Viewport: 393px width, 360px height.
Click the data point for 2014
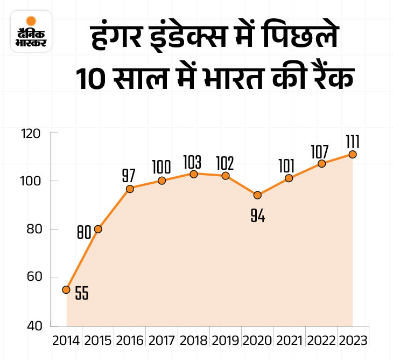(x=66, y=289)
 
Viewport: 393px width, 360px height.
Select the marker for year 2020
(x=257, y=195)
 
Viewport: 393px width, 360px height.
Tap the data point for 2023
(x=353, y=154)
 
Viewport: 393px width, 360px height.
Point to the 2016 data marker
(x=130, y=189)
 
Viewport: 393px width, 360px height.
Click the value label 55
(x=82, y=295)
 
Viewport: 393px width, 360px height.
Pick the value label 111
(x=353, y=141)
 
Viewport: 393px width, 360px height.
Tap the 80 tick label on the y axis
(x=34, y=229)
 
